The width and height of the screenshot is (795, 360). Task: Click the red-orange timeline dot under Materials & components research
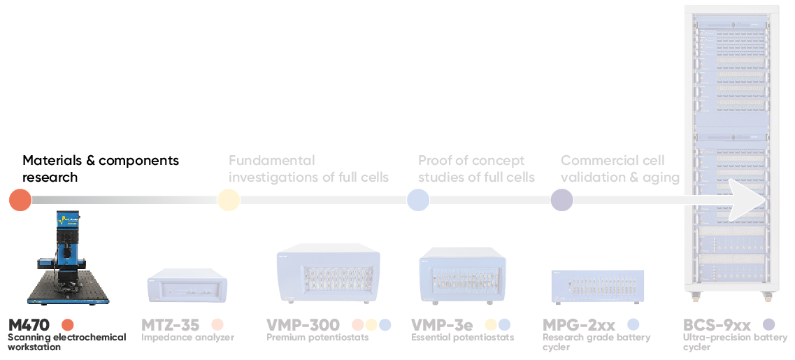pyautogui.click(x=20, y=200)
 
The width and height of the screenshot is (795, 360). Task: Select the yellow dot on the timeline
pyautogui.click(x=228, y=200)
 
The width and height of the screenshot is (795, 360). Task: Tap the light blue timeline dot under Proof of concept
pyautogui.click(x=418, y=200)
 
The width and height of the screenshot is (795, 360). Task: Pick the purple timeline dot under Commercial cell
pyautogui.click(x=562, y=200)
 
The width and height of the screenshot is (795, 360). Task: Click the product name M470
pyautogui.click(x=29, y=325)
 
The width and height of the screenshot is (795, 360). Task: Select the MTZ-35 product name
pyautogui.click(x=171, y=325)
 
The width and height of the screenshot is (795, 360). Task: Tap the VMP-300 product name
pyautogui.click(x=303, y=325)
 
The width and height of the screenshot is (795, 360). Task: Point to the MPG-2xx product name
pyautogui.click(x=579, y=325)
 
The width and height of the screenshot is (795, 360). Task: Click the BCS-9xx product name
pyautogui.click(x=717, y=325)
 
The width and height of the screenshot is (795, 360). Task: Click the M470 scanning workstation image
pyautogui.click(x=67, y=259)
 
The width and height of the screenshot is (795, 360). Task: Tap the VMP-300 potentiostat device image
pyautogui.click(x=329, y=273)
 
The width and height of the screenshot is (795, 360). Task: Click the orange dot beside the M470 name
pyautogui.click(x=67, y=325)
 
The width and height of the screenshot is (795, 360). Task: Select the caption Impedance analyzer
pyautogui.click(x=187, y=338)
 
